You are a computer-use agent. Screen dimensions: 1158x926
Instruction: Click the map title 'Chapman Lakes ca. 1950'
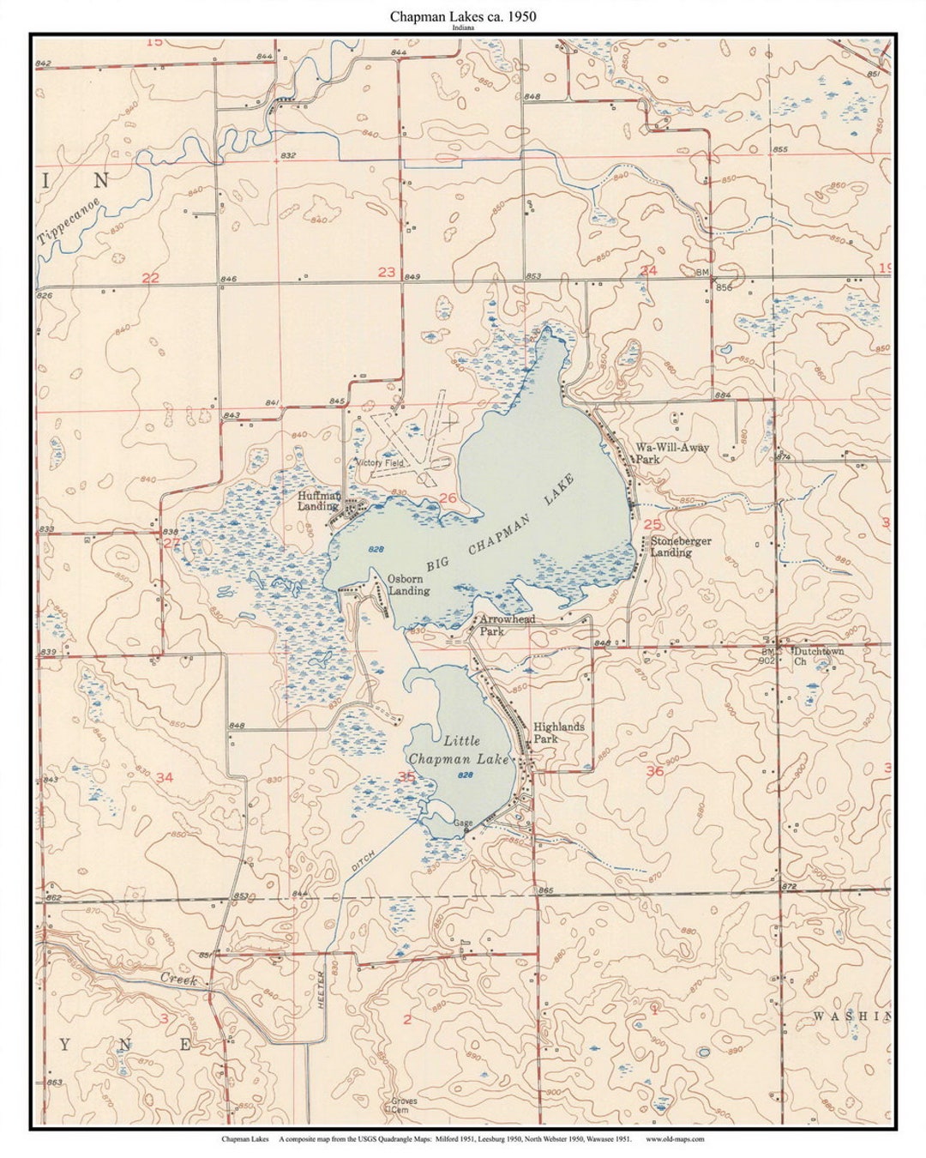[x=463, y=16]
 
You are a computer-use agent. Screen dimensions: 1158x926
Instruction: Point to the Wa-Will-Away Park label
[x=671, y=453]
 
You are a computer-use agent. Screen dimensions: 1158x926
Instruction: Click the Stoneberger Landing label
[x=680, y=547]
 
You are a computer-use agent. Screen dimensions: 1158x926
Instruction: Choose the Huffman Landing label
[x=319, y=501]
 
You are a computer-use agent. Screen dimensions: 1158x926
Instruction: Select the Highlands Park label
[x=558, y=733]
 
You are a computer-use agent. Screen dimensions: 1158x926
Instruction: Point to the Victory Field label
[x=380, y=463]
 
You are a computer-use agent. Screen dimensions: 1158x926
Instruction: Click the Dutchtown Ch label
[x=817, y=656]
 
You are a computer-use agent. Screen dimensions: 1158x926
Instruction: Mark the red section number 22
[x=151, y=277]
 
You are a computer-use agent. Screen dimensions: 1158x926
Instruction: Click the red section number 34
[x=164, y=777]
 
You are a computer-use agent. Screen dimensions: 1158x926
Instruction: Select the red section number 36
[x=654, y=770]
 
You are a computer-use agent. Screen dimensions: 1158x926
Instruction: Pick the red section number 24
[x=648, y=270]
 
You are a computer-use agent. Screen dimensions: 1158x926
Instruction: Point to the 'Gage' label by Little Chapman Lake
[x=463, y=823]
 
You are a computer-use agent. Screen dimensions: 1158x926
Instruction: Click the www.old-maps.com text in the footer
[x=674, y=1139]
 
